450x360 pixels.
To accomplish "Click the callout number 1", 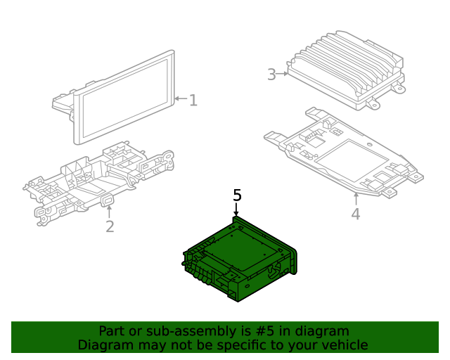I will [193, 101].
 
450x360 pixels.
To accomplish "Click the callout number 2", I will [110, 226].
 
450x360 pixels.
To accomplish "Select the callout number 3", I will [272, 74].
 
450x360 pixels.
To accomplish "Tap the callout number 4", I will [356, 214].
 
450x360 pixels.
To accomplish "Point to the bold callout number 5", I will [237, 195].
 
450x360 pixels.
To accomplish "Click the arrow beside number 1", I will [180, 100].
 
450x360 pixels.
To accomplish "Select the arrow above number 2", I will [109, 210].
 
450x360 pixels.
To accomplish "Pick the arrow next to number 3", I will [284, 73].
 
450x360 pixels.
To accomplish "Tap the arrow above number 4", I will [356, 198].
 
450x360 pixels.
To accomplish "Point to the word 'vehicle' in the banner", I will [345, 345].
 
